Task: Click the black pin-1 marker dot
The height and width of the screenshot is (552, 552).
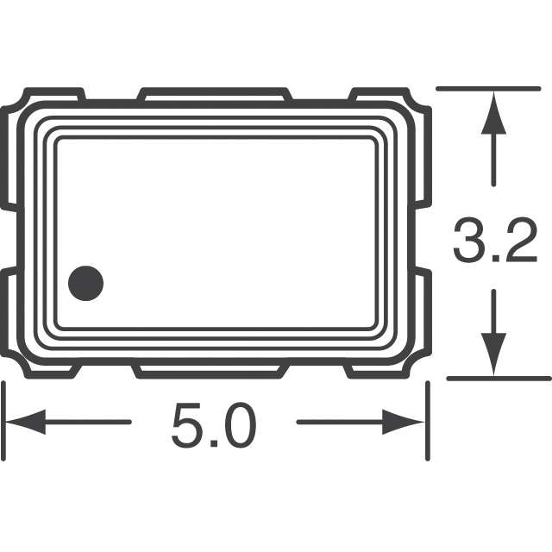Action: pos(85,282)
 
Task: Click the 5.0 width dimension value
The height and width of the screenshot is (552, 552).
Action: pos(214,425)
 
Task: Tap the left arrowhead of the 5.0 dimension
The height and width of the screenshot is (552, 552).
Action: pos(26,423)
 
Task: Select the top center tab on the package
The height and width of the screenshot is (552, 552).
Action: pos(214,91)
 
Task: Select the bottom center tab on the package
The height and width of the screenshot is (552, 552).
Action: pos(210,371)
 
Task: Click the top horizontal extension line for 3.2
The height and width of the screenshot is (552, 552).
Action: pos(492,88)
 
